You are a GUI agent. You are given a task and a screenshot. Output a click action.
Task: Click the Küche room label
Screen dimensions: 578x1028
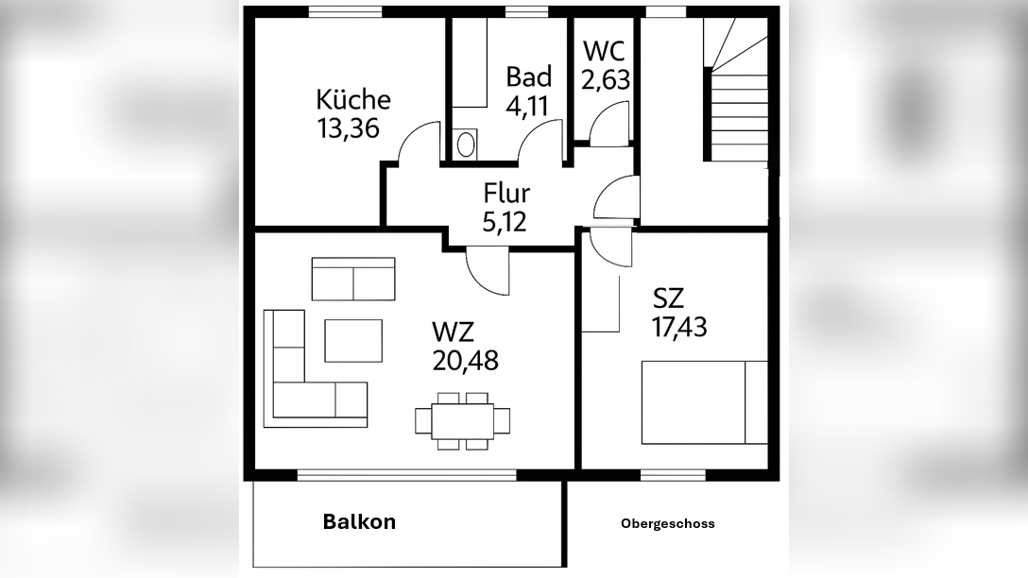(x=353, y=99)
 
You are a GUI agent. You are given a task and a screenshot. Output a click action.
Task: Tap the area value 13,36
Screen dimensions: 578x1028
(x=349, y=128)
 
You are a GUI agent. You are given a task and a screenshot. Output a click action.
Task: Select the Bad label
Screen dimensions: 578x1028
(x=528, y=76)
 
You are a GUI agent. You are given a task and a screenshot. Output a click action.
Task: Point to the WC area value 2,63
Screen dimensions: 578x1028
(x=606, y=80)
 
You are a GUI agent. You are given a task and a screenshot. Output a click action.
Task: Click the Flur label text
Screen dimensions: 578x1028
(x=506, y=194)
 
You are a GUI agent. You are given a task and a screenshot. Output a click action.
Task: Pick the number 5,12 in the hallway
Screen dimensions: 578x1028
(x=505, y=222)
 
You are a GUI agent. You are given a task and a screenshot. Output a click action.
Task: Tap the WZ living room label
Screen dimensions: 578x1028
(x=453, y=331)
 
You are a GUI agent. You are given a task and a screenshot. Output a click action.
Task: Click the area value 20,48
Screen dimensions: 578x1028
(x=465, y=360)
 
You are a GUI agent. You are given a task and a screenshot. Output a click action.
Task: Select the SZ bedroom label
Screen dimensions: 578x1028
(x=668, y=298)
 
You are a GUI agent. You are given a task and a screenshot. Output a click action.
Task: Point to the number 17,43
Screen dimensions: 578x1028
(x=679, y=327)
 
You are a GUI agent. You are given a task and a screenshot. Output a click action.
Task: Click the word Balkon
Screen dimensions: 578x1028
(x=359, y=521)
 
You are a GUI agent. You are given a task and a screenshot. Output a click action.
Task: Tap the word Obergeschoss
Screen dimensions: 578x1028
(x=668, y=523)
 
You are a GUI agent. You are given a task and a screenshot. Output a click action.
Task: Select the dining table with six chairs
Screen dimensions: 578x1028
(x=463, y=420)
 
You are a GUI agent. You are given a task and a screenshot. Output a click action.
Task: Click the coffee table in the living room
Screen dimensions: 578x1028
(x=353, y=340)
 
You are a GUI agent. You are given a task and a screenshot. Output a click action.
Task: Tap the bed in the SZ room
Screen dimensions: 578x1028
(x=704, y=401)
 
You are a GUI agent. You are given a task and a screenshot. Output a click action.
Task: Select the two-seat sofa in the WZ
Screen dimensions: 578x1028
(x=353, y=279)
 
